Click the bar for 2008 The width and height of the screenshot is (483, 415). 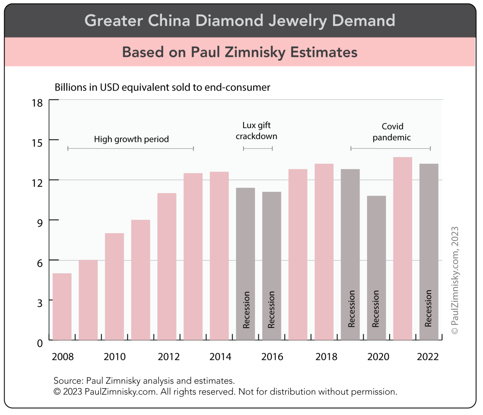coord(62,307)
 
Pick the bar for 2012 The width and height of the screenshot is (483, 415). coord(167,267)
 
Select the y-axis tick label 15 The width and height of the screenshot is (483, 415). coord(37,143)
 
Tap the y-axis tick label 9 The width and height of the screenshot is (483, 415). coord(39,223)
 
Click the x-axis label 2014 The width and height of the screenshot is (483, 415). coord(220,357)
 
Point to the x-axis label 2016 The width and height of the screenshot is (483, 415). coord(272,357)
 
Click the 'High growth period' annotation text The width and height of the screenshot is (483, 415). coord(131,139)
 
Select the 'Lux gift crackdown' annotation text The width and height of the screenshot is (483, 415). coord(256,131)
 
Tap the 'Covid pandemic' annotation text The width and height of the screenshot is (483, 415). coord(392,132)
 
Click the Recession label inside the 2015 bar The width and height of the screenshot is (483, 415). coord(246,310)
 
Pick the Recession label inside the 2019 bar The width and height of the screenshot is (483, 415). coord(351,309)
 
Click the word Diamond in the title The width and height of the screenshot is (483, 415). coord(229,21)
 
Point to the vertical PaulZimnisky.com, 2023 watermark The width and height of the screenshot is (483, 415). coord(455,280)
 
